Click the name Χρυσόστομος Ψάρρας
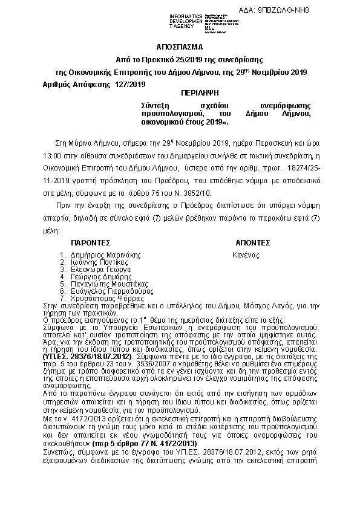(103, 298)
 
